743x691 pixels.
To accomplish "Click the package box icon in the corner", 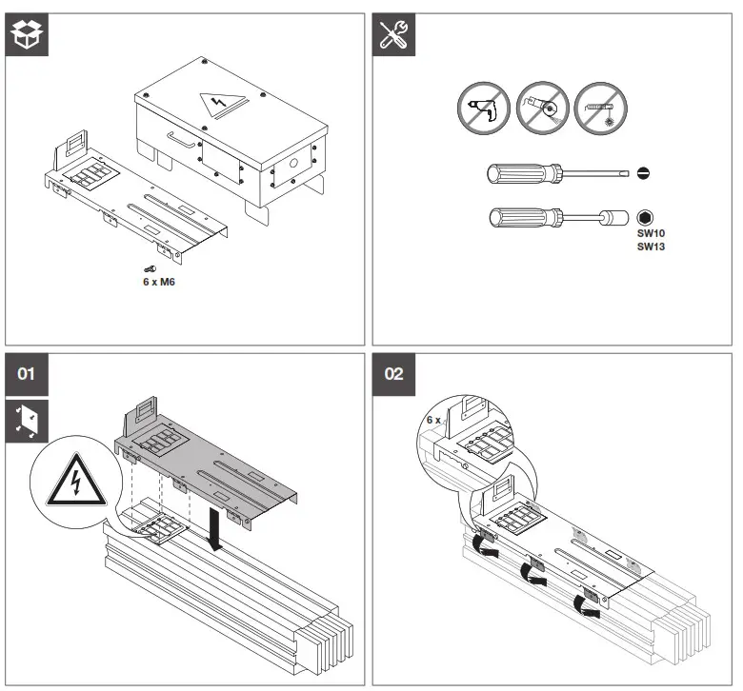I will pyautogui.click(x=27, y=34).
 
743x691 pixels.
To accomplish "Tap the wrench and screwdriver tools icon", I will pyautogui.click(x=392, y=34).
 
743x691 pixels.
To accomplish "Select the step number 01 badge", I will pyautogui.click(x=27, y=373).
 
